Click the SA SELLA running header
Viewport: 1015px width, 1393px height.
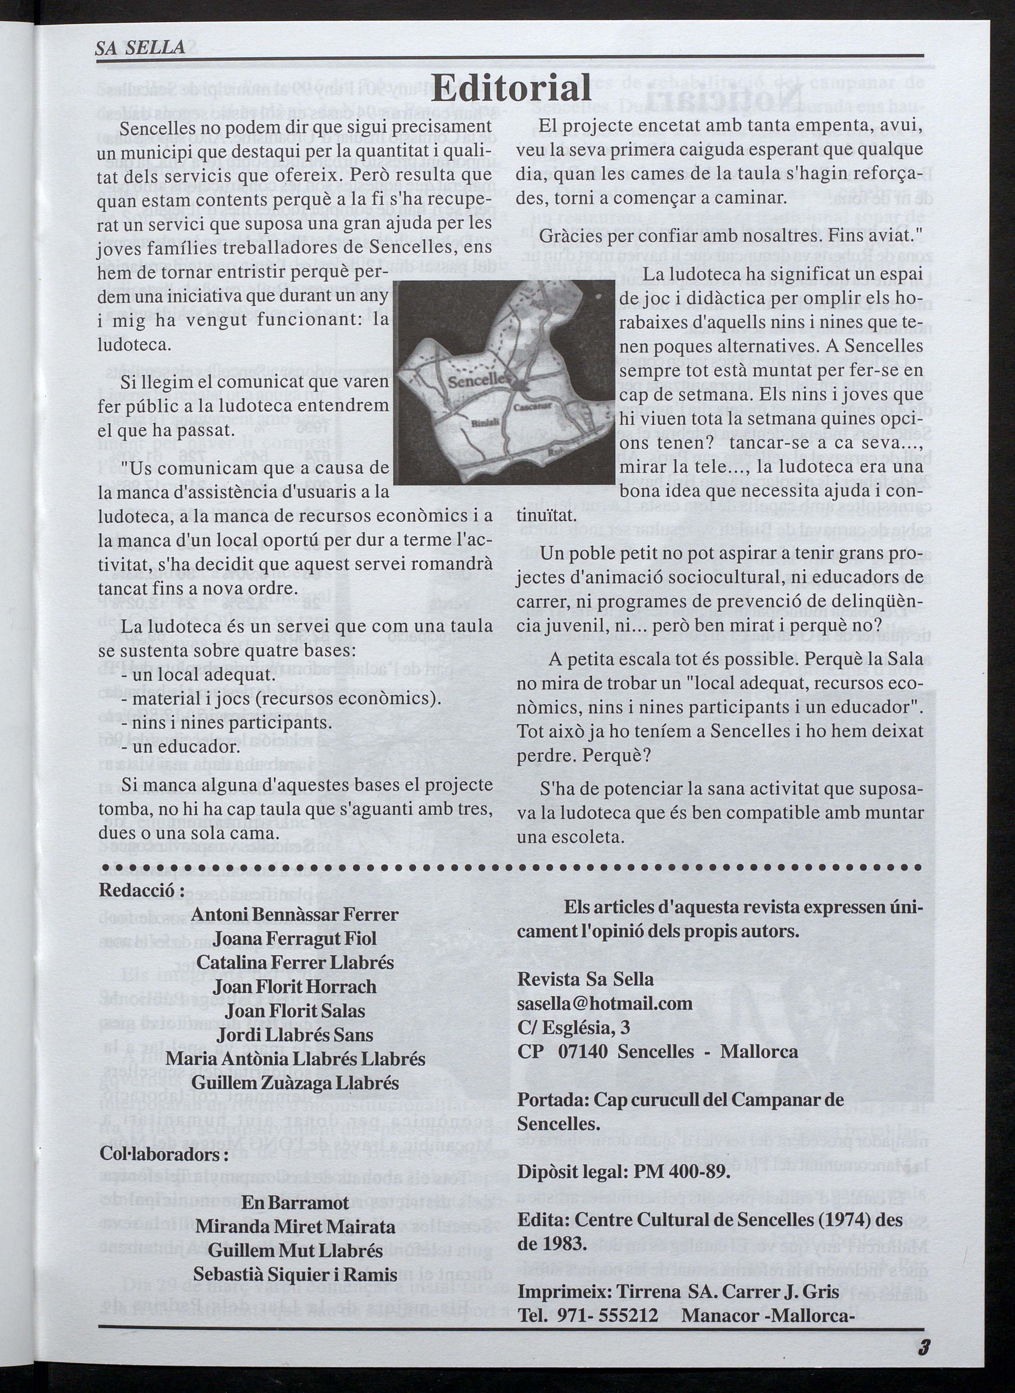pos(140,47)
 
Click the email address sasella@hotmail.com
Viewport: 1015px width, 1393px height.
pos(605,1003)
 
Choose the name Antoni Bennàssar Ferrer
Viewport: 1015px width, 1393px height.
pos(295,914)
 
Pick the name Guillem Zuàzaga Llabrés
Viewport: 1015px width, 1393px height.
pos(295,1083)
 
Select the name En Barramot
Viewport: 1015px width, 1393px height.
pos(296,1202)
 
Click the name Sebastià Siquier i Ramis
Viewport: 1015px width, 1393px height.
pos(296,1274)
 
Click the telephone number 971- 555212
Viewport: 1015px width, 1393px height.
pos(608,1298)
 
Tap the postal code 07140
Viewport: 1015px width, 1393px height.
pos(583,1051)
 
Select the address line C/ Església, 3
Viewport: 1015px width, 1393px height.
pos(573,1027)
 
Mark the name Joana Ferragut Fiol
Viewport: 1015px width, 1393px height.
pos(295,938)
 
